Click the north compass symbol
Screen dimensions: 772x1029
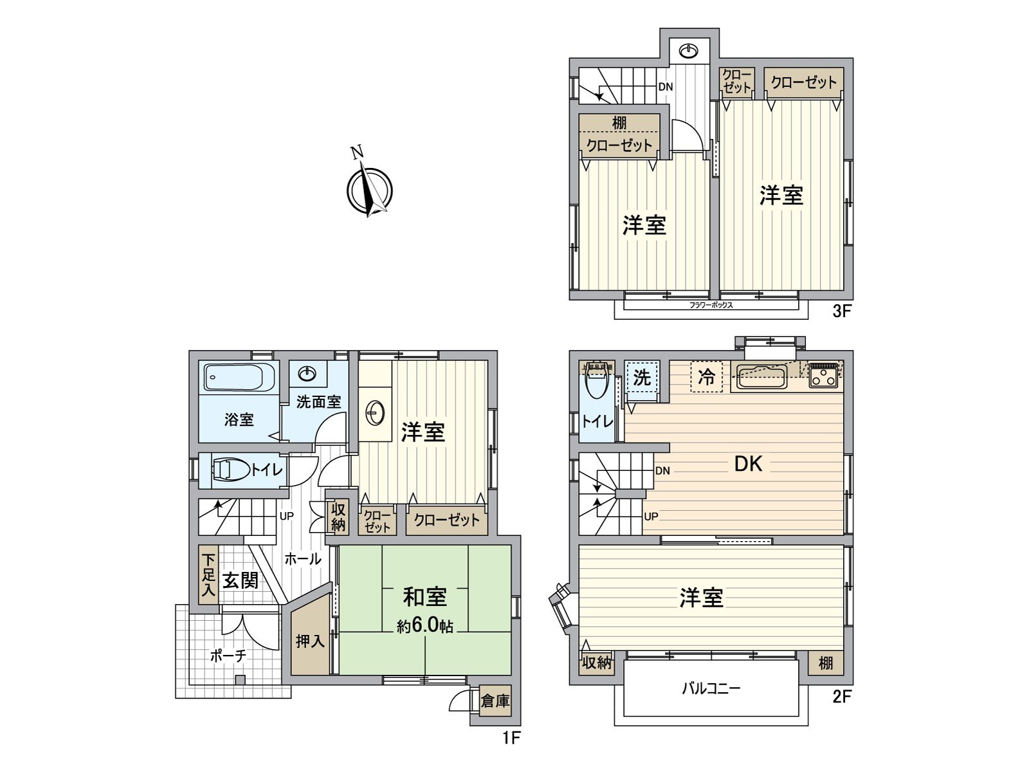point(369,190)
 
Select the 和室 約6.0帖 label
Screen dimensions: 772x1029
point(424,609)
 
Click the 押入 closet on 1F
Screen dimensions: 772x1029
point(311,641)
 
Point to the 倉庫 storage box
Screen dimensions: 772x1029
point(495,701)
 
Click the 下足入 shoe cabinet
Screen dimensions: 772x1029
point(208,574)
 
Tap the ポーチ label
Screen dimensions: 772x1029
point(228,656)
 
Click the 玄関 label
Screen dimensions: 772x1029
point(240,580)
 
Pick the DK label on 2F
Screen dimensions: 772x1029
point(748,464)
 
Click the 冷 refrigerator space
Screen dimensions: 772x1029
point(706,377)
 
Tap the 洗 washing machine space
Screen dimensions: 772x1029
point(641,378)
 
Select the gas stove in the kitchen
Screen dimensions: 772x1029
point(823,376)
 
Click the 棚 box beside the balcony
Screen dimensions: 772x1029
point(826,662)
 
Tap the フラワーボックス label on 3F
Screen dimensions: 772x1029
point(711,305)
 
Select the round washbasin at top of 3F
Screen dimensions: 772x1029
point(689,51)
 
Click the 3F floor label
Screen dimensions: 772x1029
point(841,311)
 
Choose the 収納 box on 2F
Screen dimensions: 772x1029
point(596,662)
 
